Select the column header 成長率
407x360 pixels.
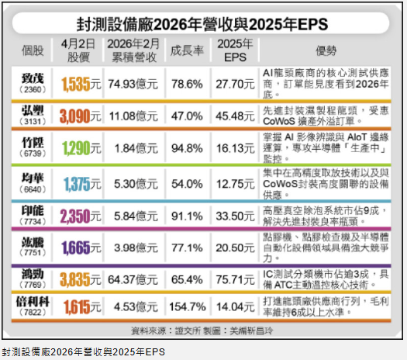186,50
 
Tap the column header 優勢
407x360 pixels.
326,50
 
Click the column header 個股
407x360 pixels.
33,50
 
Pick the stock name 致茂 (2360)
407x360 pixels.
33,82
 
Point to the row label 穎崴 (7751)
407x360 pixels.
33,247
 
